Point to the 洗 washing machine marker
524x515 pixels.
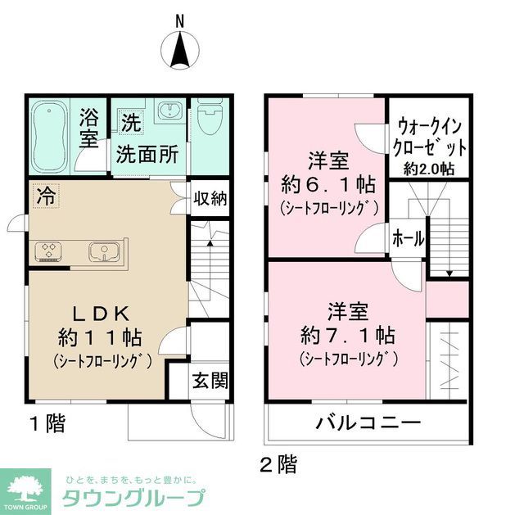131,124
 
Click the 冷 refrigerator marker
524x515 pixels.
46,197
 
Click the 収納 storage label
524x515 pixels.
211,197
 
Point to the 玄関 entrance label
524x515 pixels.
210,381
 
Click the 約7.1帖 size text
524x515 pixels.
348,335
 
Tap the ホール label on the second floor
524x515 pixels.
408,239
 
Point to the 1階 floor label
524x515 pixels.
47,424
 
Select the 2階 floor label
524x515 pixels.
278,465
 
